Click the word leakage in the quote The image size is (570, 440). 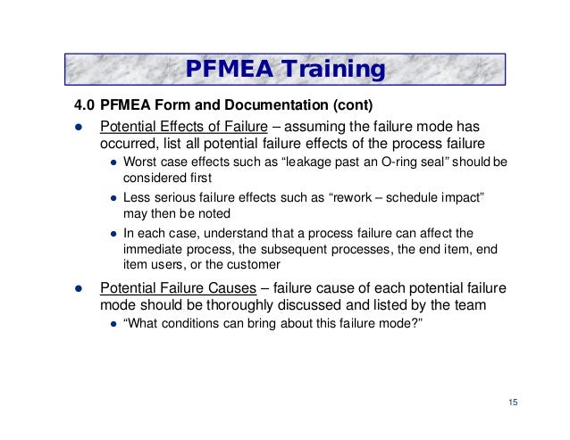[x=274, y=163]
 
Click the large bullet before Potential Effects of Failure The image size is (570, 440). [x=78, y=126]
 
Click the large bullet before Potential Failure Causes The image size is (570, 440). [x=78, y=289]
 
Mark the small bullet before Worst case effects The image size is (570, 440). [x=114, y=164]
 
